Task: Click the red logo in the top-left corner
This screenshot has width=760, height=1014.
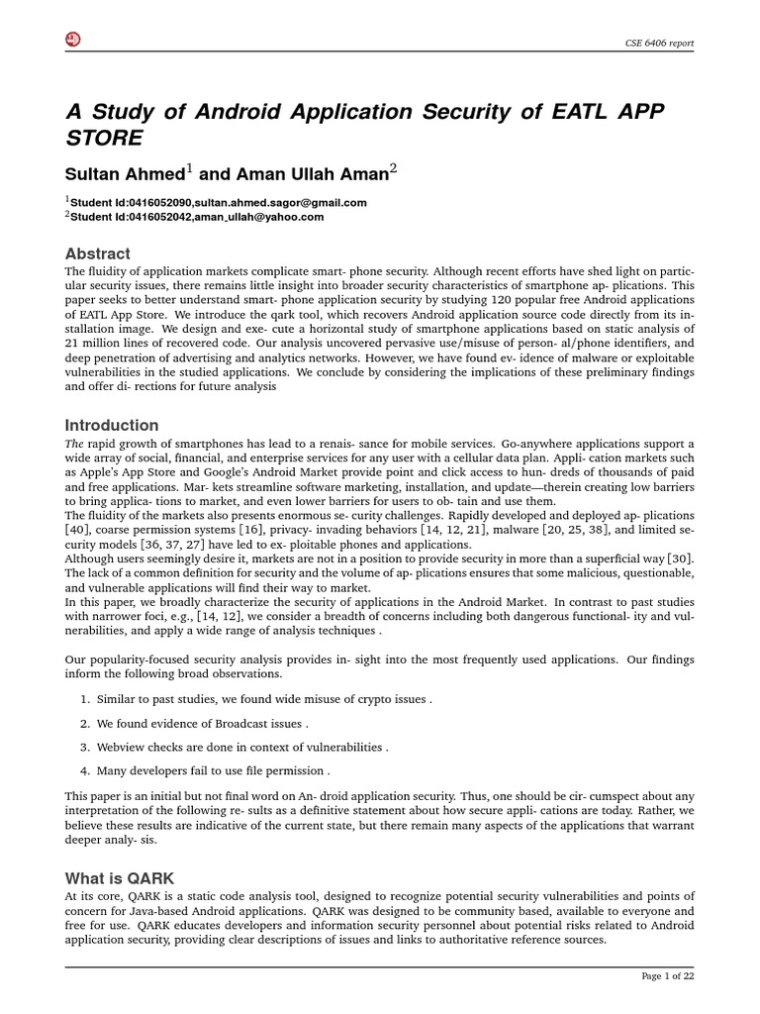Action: pos(72,39)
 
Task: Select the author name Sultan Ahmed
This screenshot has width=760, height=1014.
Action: pos(125,174)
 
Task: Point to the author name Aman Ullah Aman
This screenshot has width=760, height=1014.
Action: pos(296,174)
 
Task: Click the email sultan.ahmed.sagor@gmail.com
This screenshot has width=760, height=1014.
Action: pos(268,202)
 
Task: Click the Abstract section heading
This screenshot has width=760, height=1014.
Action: pos(97,253)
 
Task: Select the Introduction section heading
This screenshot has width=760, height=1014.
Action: pos(112,425)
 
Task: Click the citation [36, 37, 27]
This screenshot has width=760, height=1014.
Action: pos(169,545)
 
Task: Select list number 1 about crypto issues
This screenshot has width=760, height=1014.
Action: pos(85,699)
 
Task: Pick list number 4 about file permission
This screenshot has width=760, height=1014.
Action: pos(85,770)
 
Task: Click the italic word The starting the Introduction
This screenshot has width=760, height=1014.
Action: pos(75,444)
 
